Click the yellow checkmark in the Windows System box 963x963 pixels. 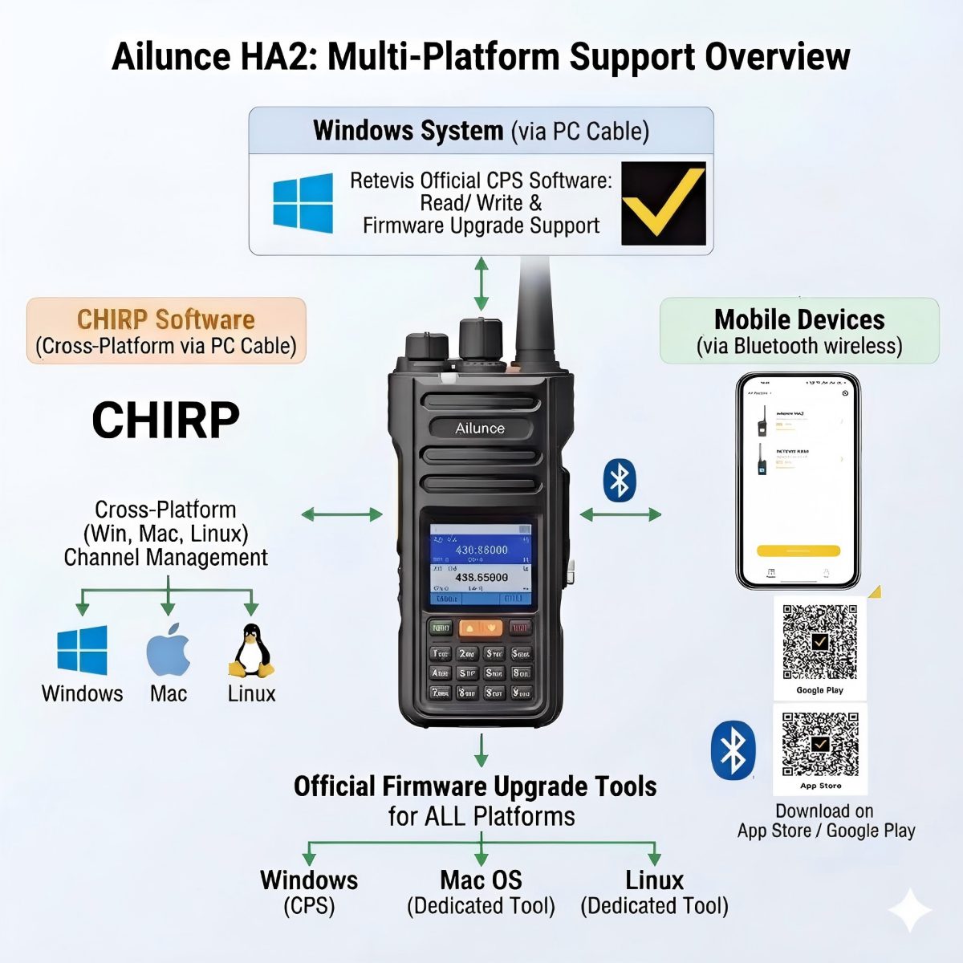664,204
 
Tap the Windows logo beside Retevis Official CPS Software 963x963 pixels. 303,203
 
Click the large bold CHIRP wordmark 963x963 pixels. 165,420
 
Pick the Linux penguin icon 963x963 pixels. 252,651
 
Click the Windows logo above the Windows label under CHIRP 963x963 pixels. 82,650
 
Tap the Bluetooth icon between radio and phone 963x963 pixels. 619,481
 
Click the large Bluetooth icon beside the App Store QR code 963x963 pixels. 733,750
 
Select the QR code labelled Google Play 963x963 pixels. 819,641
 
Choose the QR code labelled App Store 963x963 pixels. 819,743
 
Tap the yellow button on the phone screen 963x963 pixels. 798,551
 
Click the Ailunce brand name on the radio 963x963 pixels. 480,429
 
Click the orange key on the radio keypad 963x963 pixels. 480,628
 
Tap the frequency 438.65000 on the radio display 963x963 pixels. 481,577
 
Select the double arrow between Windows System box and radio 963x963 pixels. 481,283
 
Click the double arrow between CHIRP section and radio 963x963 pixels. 342,514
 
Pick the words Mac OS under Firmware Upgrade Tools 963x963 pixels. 481,880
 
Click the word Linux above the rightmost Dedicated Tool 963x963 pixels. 654,880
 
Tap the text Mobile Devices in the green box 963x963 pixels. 799,319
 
